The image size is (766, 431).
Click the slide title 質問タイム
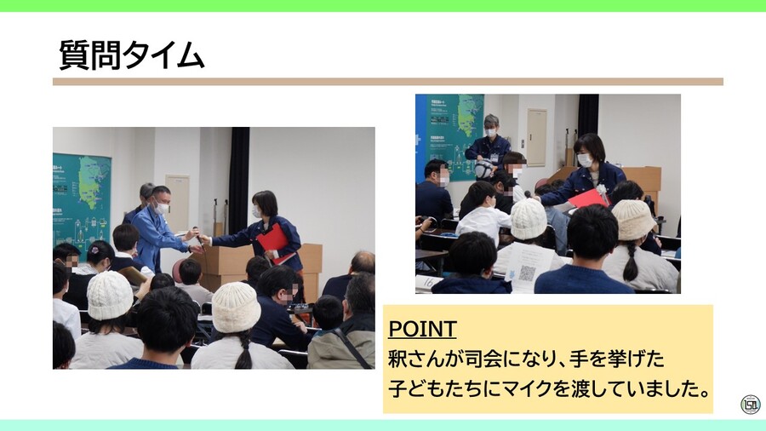click(132, 56)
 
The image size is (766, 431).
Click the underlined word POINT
click(422, 329)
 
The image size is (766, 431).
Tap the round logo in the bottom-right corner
click(750, 405)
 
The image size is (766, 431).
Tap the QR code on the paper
click(528, 273)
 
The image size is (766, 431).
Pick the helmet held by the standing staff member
click(485, 170)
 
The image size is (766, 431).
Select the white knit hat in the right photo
click(529, 219)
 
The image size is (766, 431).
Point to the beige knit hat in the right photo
click(634, 219)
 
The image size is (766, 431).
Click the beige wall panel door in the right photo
click(536, 136)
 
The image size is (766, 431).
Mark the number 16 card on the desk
click(427, 281)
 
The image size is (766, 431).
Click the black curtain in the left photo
click(238, 179)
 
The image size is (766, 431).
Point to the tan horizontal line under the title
click(387, 82)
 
